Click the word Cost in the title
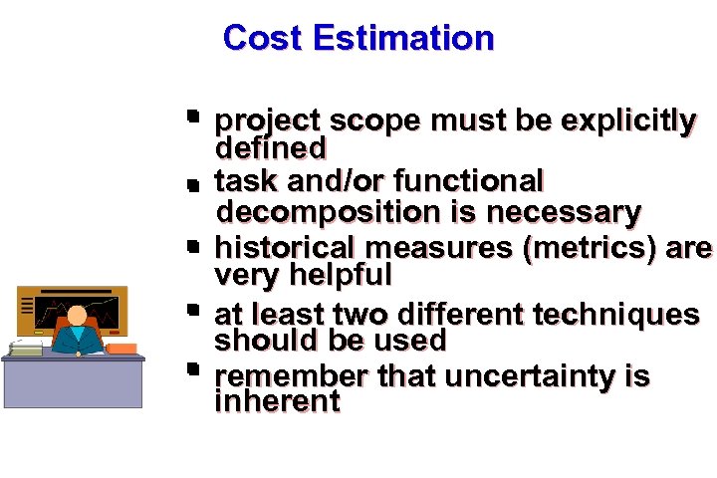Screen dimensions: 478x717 263,38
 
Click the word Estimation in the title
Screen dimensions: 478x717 402,38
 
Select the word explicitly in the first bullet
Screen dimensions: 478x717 628,120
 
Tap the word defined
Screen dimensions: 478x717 271,148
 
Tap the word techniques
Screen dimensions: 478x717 616,314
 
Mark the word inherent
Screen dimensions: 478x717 278,402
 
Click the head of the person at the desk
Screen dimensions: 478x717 77,316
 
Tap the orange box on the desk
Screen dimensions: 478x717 121,349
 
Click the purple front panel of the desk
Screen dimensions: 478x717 72,383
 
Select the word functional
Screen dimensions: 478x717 469,181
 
